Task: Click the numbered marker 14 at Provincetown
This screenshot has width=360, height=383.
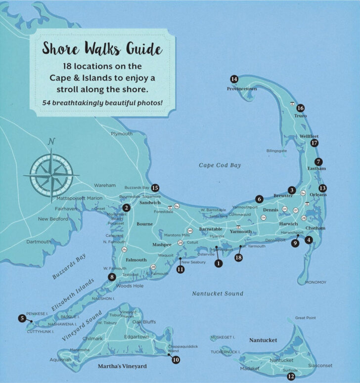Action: click(234, 80)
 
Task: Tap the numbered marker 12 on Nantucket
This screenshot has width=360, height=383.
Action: click(291, 377)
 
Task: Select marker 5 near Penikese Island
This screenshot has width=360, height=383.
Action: click(22, 319)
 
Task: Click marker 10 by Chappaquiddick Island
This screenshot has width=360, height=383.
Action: click(176, 360)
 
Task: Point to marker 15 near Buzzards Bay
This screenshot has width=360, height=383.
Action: click(155, 188)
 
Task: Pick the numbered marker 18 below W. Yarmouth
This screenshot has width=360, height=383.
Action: click(239, 257)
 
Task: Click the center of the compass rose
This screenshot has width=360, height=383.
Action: click(51, 175)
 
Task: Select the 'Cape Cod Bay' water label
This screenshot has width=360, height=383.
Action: click(220, 166)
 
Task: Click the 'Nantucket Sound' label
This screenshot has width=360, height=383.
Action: click(218, 294)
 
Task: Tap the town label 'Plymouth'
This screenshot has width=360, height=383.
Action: click(121, 134)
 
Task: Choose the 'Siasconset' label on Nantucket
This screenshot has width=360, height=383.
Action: click(321, 366)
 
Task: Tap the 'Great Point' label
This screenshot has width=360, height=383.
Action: click(305, 318)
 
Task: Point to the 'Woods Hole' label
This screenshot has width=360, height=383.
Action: click(130, 286)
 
